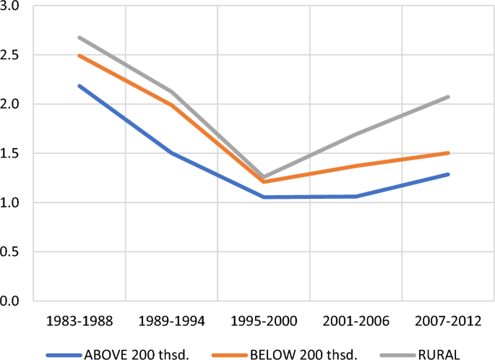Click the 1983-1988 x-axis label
pos(79,320)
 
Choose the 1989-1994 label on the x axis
pos(171,320)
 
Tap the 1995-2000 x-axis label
pos(263,320)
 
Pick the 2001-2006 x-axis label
pos(355,320)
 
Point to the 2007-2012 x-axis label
pos(447,320)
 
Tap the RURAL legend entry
pos(416,354)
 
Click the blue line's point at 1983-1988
pos(79,85)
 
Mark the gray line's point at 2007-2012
pos(447,97)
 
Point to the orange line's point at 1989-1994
pos(171,105)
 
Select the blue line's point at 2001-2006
pos(355,196)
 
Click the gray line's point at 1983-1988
pos(79,38)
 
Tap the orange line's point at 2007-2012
pos(447,153)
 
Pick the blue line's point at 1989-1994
pos(171,153)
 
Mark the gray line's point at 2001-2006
pos(355,134)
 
